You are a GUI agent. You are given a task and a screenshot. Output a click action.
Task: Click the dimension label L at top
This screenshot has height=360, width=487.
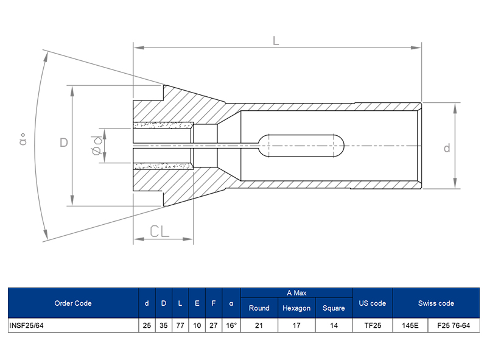(276, 41)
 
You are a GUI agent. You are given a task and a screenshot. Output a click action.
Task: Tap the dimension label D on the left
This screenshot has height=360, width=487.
(64, 143)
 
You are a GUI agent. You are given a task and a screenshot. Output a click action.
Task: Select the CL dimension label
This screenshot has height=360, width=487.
(160, 231)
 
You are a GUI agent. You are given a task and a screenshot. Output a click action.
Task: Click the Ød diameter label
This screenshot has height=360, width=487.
(97, 146)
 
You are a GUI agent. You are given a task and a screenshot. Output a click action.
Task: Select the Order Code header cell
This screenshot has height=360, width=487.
(73, 303)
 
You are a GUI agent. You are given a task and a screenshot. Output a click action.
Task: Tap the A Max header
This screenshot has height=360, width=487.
(296, 293)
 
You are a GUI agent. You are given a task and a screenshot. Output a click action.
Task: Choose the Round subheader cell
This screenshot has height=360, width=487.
(259, 308)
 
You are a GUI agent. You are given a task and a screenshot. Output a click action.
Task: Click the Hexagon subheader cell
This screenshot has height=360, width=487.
(296, 308)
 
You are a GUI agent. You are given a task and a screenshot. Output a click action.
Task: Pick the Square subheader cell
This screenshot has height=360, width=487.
(334, 308)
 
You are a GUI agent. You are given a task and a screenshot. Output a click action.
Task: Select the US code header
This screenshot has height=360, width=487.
(373, 303)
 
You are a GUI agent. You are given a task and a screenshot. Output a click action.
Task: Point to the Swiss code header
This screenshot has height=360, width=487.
(436, 303)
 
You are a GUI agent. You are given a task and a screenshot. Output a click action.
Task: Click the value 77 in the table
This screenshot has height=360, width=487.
(180, 325)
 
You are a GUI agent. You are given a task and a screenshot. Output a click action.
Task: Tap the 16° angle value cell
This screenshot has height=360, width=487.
(231, 325)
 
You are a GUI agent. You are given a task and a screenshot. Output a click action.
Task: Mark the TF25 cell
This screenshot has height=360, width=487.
(373, 325)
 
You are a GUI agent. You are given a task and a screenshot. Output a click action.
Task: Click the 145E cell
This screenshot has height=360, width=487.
(410, 325)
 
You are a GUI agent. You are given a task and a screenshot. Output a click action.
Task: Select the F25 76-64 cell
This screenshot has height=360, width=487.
(454, 325)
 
